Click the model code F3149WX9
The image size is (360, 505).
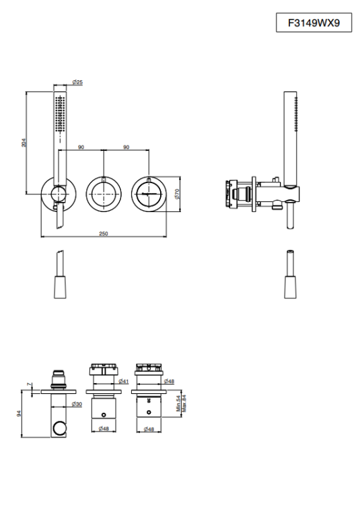tap(314, 23)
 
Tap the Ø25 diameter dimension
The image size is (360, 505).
tap(77, 82)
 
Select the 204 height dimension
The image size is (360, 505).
tap(24, 143)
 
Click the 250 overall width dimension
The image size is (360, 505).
tap(103, 234)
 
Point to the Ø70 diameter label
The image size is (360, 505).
tap(176, 194)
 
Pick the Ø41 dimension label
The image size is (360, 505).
tap(124, 381)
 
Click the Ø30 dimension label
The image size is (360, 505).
tap(77, 404)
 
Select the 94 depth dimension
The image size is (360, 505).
tap(19, 413)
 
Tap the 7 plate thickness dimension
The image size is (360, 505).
tap(30, 384)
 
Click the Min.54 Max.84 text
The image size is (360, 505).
tap(182, 403)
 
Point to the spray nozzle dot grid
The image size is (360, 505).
tap(60, 113)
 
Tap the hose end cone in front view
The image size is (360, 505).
tap(60, 287)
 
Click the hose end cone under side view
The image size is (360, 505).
tap(290, 287)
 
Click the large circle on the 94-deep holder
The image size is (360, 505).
tap(59, 429)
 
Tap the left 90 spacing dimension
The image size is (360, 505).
tap(81, 147)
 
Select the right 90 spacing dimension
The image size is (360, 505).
tap(126, 147)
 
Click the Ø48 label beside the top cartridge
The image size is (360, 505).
tap(169, 381)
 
